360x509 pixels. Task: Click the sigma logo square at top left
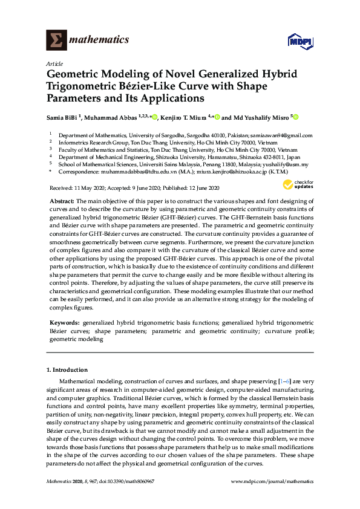click(56, 41)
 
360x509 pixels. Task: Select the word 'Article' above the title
click(53, 63)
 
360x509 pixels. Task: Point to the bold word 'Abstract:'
click(62, 183)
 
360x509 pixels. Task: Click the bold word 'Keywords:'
click(64, 323)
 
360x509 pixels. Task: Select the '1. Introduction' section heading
click(67, 370)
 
